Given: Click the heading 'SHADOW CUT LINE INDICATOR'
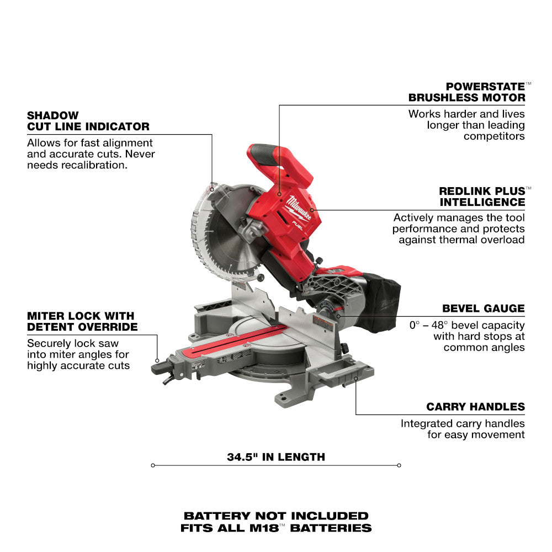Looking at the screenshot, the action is coord(88,121).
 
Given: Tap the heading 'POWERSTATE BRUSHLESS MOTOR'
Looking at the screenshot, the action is coord(467,92).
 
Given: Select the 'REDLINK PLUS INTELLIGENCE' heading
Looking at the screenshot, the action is coord(482,197).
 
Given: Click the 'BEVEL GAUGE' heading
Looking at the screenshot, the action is coord(484,309).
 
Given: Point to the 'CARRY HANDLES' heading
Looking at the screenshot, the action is coord(476,407).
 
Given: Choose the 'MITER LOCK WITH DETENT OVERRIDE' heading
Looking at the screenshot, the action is coord(82,321).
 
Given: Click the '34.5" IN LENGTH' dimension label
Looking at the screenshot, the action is coord(276,457).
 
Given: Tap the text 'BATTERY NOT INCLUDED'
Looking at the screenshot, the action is coord(276,516).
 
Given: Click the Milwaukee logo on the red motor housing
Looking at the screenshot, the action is coord(298,208).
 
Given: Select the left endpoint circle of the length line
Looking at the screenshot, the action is coord(153,465).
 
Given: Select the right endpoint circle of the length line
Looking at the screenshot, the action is coord(399,465).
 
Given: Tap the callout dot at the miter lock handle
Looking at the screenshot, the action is coord(157,360).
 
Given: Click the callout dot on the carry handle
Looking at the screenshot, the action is coord(356,379).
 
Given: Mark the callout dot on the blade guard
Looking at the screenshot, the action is coord(212,189).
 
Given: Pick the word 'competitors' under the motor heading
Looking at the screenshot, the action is coord(494,136).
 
